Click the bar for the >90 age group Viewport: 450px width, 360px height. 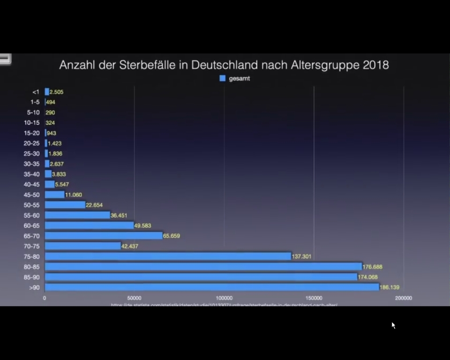coord(212,287)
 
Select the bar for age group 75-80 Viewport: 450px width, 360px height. coord(168,256)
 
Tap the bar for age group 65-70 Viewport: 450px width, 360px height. coord(104,235)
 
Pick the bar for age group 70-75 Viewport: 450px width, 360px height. coord(83,246)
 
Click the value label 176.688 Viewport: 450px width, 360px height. coord(373,267)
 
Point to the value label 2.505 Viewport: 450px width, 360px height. coord(56,92)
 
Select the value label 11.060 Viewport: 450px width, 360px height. coord(74,195)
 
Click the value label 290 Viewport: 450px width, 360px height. coord(50,112)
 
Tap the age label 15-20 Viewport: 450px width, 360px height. coord(32,133)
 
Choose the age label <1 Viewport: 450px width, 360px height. coord(36,92)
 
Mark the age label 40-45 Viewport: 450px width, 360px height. coord(32,184)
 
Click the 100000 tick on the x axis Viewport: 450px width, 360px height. coord(224,298)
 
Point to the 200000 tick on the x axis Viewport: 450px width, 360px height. coord(404,298)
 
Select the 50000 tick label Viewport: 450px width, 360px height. coord(135,298)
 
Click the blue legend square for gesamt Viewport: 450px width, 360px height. coord(223,78)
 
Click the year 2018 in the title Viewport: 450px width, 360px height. coord(376,65)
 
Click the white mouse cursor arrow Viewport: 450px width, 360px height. coord(393,325)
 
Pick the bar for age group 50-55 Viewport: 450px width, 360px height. coord(65,205)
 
